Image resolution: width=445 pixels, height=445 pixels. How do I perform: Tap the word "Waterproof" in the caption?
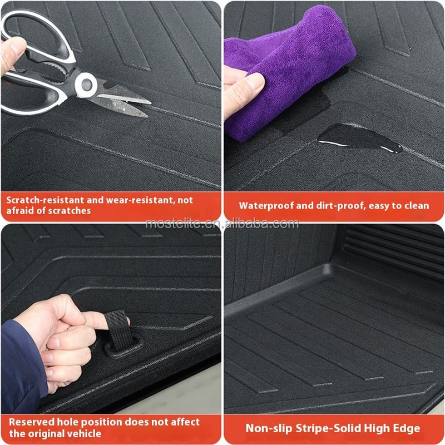tap(266, 206)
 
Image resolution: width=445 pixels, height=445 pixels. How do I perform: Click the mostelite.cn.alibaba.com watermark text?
tap(222, 224)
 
